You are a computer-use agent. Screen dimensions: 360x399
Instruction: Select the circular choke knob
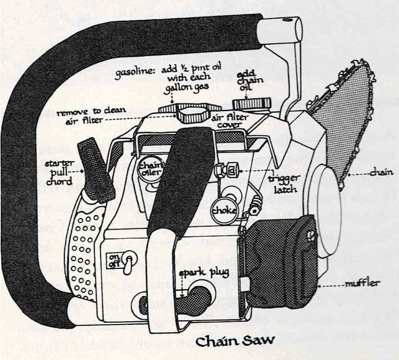(x=224, y=210)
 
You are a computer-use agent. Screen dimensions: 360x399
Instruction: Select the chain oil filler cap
(x=251, y=104)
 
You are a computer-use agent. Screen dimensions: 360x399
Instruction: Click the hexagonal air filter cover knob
(x=192, y=115)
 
